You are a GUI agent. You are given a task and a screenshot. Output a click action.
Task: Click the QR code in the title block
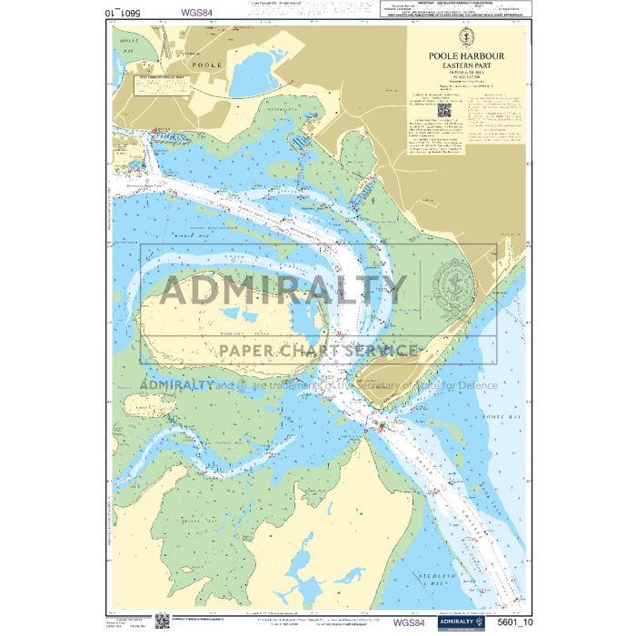[x=444, y=110]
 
